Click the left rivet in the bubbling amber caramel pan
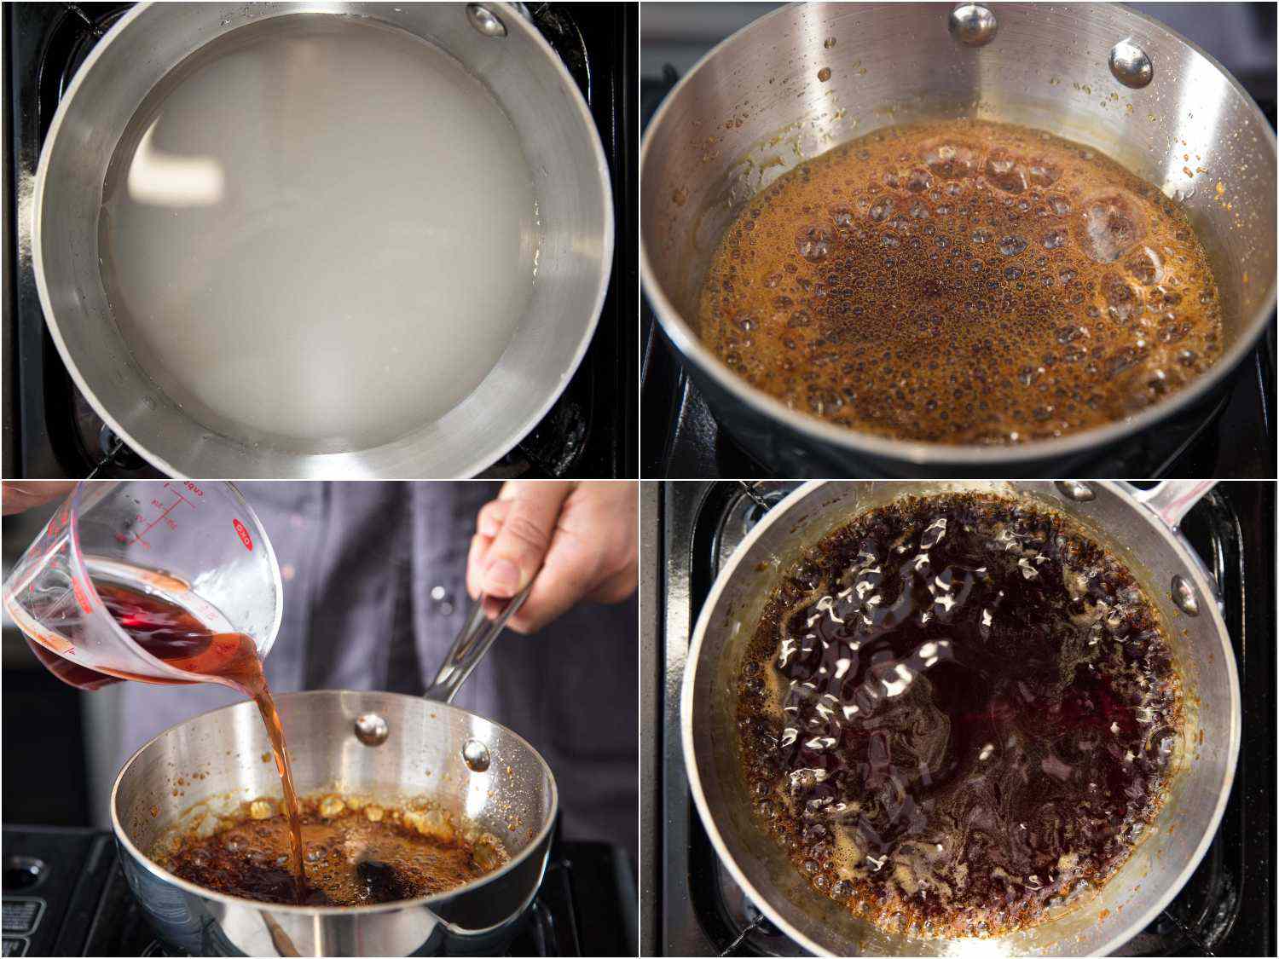(x=971, y=23)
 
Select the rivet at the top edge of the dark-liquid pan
(x=1076, y=490)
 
